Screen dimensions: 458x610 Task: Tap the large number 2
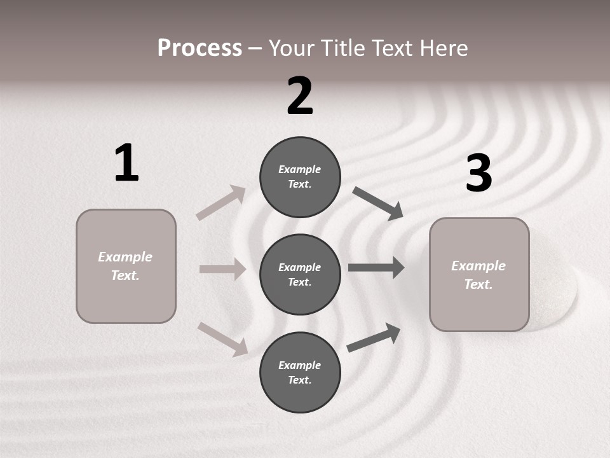point(300,96)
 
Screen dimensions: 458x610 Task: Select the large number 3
point(478,173)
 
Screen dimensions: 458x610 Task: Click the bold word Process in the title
point(200,48)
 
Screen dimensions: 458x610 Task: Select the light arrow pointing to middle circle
point(222,269)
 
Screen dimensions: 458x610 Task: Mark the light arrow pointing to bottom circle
point(223,338)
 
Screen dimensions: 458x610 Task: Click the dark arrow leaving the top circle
point(378,203)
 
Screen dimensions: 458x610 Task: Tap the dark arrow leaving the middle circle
point(376,268)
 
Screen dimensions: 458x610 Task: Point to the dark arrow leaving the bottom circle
point(374,337)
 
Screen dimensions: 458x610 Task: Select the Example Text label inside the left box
point(125,266)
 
